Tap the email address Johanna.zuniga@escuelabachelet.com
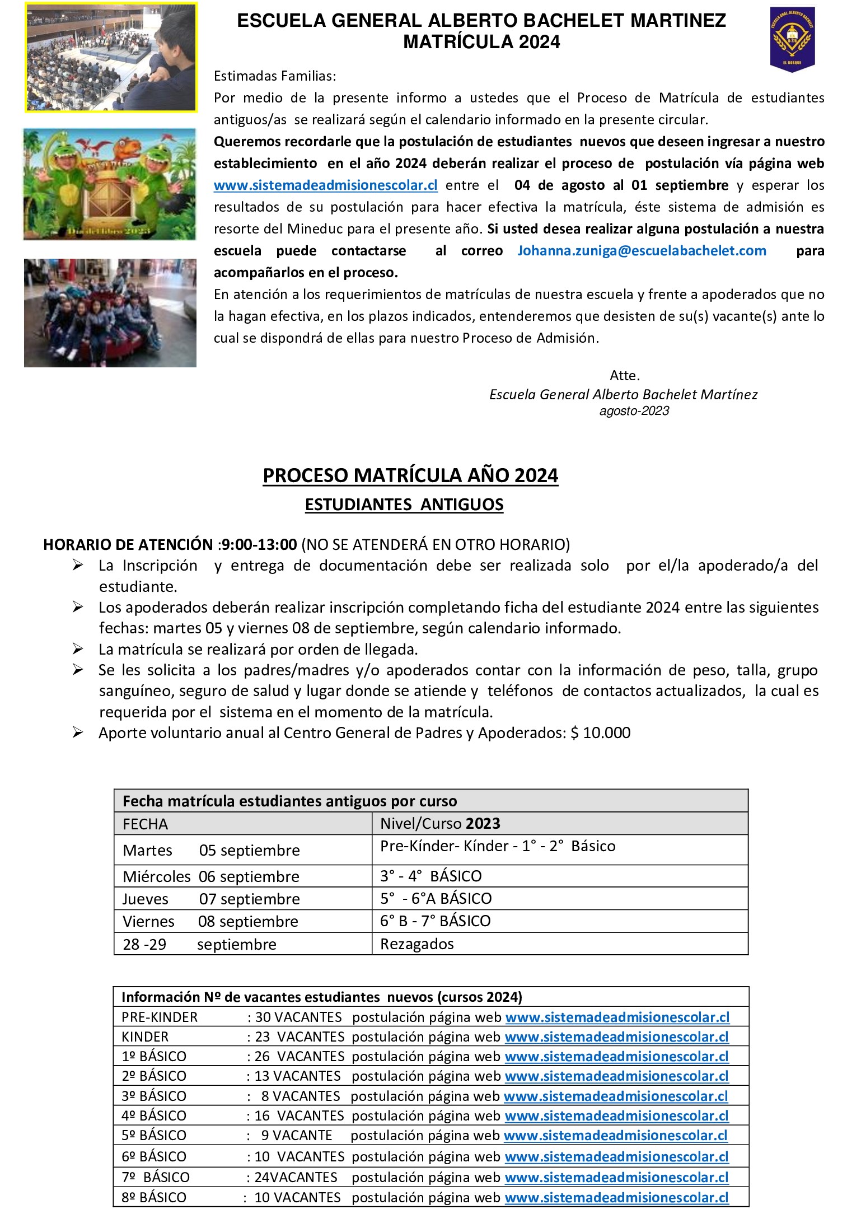642,251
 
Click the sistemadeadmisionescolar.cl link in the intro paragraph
325,185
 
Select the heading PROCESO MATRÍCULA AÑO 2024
410,476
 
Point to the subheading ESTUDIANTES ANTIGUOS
404,505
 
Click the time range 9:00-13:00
259,544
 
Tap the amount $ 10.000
600,733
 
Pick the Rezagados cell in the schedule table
417,944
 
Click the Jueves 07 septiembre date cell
211,899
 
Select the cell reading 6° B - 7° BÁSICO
435,921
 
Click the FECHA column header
145,824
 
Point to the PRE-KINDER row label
160,1017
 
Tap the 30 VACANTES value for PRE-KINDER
298,1017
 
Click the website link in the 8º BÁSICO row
616,1198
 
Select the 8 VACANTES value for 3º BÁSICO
301,1096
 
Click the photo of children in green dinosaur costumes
110,184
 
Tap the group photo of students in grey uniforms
110,312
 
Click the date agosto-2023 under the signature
634,411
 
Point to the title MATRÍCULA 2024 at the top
481,42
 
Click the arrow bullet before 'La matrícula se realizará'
78,649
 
